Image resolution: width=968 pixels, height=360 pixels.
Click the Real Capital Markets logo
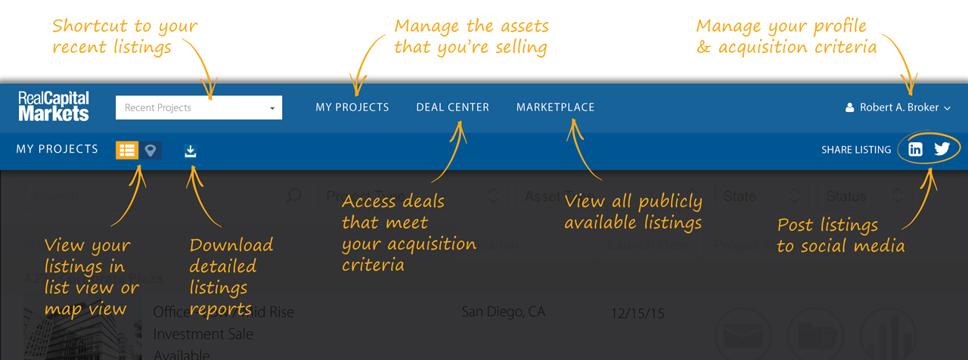point(54,107)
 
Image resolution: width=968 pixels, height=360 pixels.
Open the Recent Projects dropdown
point(198,107)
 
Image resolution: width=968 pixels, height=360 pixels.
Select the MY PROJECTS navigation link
point(352,107)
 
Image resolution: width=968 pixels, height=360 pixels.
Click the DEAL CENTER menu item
point(452,107)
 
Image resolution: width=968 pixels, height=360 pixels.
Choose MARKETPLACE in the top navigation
point(555,107)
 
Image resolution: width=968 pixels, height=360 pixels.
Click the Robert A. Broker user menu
point(898,107)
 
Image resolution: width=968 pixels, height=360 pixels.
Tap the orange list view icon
point(126,150)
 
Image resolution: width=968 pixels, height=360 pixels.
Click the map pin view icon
point(150,150)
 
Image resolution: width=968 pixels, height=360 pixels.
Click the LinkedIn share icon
point(915,149)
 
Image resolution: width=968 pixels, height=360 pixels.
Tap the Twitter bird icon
point(942,148)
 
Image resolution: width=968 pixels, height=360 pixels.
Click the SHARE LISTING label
point(856,150)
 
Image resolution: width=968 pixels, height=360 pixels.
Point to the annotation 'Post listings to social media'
point(839,235)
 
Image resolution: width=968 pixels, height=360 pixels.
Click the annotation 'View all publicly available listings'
point(633,212)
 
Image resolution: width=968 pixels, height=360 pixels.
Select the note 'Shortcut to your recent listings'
point(124,36)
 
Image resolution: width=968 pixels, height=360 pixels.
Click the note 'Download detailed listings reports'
point(230,277)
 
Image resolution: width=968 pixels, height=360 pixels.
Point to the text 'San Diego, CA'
point(503,312)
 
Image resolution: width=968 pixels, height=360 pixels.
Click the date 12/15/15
point(638,313)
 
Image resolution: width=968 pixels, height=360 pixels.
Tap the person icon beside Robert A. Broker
point(850,107)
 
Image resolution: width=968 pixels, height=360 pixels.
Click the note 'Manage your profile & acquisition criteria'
point(786,36)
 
